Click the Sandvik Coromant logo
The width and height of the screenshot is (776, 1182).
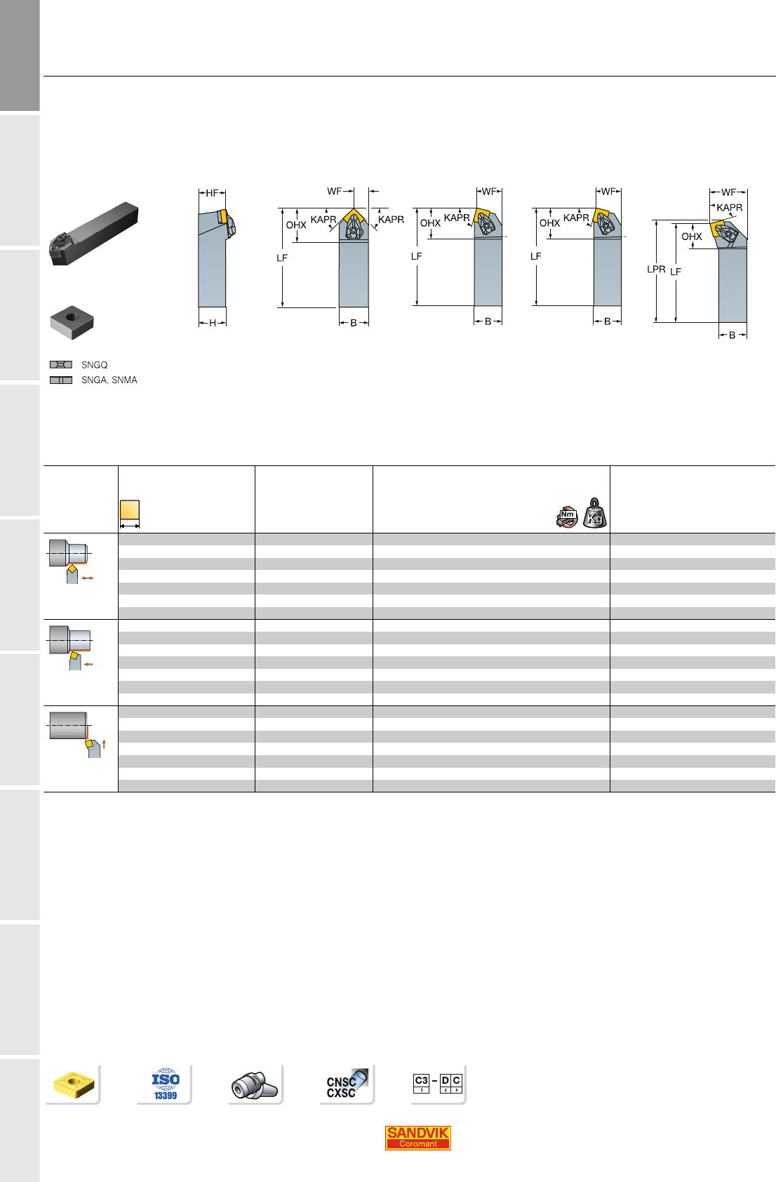[x=417, y=1138]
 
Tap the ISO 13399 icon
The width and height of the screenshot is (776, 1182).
[x=166, y=1084]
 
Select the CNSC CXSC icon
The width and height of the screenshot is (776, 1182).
[x=347, y=1084]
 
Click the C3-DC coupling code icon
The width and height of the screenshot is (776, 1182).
[x=438, y=1083]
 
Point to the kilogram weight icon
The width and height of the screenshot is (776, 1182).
[x=594, y=513]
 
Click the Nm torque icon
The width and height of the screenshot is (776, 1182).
[x=567, y=517]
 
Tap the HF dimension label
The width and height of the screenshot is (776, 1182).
[x=211, y=193]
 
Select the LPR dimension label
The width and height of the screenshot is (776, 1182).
[x=656, y=269]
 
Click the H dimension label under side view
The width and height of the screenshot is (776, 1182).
[x=212, y=323]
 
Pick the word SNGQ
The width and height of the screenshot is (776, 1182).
[x=95, y=365]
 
